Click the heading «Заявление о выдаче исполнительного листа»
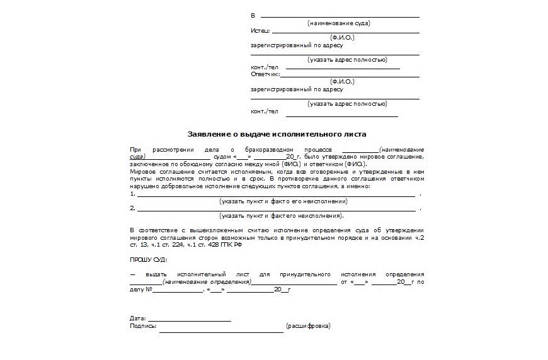(277, 134)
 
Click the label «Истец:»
(260, 30)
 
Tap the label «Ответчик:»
(265, 74)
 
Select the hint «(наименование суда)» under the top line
(339, 23)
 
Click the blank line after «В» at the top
(340, 16)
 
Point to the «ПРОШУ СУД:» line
(149, 259)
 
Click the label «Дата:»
(137, 318)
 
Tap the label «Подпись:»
(143, 326)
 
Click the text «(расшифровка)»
(307, 326)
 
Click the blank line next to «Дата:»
(189, 320)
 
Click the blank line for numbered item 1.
(276, 196)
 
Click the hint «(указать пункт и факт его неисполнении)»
(283, 201)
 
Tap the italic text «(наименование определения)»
(206, 282)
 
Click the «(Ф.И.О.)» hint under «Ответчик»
(342, 82)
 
